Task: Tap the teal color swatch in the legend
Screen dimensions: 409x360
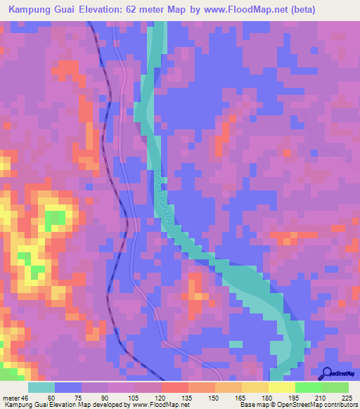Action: pyautogui.click(x=41, y=387)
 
